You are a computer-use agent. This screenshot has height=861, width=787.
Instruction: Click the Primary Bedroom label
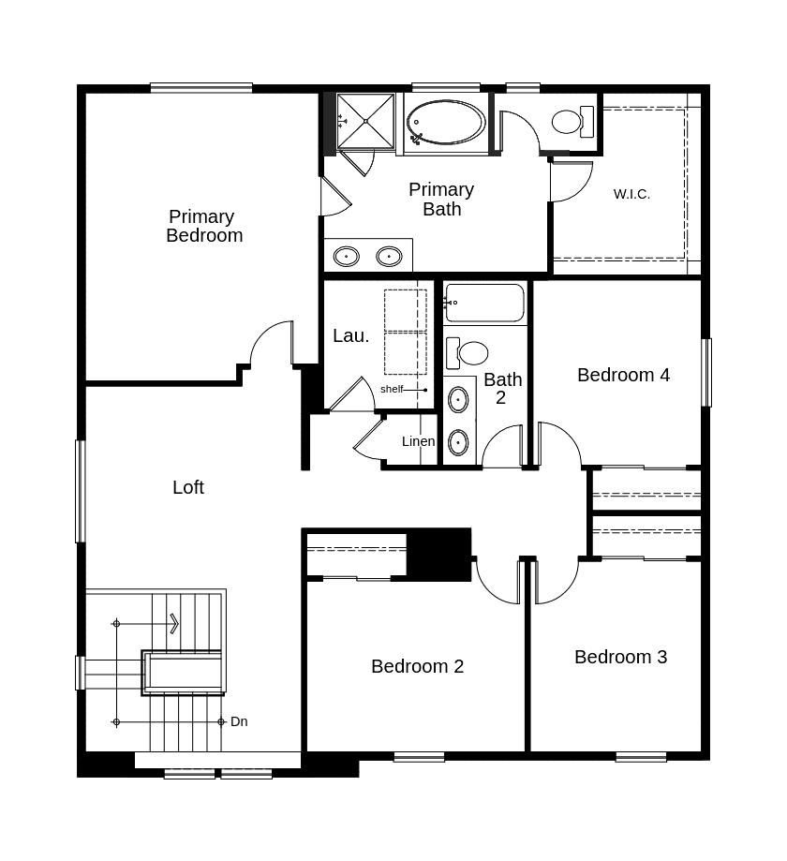click(x=204, y=226)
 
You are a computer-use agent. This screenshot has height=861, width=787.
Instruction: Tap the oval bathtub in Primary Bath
click(x=446, y=123)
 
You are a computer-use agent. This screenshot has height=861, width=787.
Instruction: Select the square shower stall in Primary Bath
click(x=365, y=122)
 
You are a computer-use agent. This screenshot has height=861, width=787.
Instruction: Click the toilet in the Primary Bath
click(x=572, y=122)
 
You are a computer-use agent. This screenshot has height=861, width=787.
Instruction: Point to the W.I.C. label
click(x=631, y=194)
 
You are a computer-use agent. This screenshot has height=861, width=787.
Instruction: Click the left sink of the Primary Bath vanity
click(x=347, y=256)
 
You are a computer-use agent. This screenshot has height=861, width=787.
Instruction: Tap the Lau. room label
click(x=350, y=335)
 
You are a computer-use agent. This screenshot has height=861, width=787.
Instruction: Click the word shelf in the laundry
click(x=392, y=389)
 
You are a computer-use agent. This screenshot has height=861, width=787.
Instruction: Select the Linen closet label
click(x=419, y=441)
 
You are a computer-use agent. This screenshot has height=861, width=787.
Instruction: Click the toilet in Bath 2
click(x=467, y=353)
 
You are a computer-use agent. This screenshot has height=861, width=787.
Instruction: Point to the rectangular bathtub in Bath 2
click(x=484, y=303)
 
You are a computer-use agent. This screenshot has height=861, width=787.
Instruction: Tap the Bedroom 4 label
click(x=623, y=375)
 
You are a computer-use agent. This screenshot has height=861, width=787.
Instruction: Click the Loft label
click(x=188, y=487)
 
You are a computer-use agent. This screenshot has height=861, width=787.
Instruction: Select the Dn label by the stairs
click(x=239, y=721)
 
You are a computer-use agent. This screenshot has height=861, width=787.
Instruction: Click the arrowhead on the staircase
click(x=174, y=624)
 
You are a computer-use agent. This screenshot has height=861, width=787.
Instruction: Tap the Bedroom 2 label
click(x=417, y=666)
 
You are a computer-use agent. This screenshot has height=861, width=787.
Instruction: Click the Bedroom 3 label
click(x=620, y=657)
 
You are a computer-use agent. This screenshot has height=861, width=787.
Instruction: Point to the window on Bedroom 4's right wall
click(x=707, y=372)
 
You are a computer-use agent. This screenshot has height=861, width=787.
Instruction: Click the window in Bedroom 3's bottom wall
click(x=641, y=757)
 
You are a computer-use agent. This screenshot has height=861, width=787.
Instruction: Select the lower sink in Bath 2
click(x=458, y=442)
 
